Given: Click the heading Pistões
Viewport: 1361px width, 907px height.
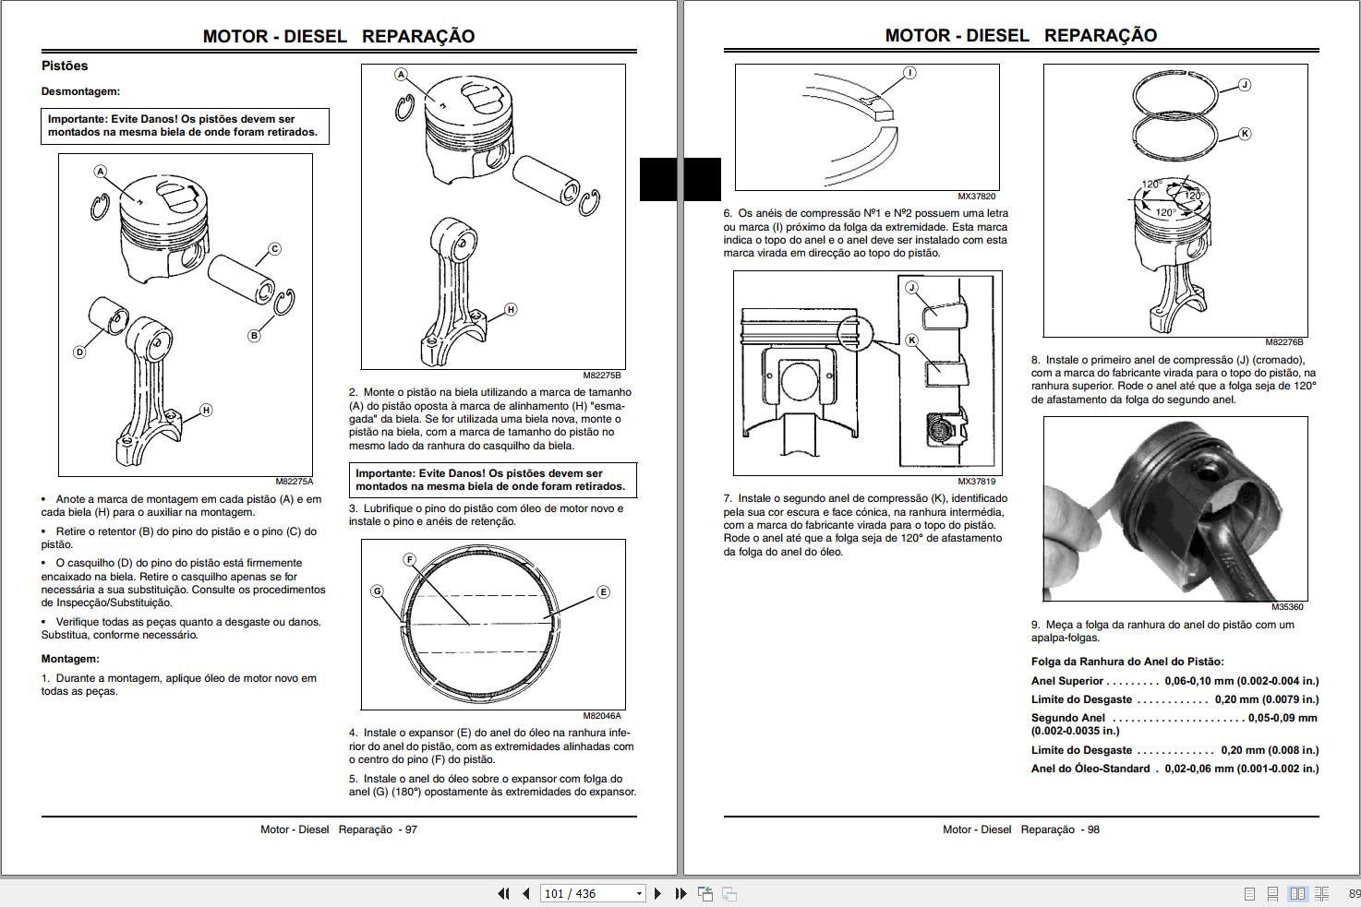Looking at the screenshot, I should click(65, 66).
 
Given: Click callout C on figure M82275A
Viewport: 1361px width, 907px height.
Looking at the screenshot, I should click(274, 249).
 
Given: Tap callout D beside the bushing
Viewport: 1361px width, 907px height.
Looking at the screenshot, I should click(79, 352).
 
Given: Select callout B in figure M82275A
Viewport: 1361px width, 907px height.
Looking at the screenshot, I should click(254, 335).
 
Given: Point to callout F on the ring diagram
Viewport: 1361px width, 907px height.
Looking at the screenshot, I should click(410, 560).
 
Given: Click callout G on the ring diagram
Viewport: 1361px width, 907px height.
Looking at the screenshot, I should click(377, 591).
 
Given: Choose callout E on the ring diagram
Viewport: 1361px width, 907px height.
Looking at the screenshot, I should click(603, 592).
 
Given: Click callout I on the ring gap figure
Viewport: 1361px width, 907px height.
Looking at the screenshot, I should click(909, 73).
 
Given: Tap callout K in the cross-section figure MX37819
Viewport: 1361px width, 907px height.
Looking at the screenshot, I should click(912, 340).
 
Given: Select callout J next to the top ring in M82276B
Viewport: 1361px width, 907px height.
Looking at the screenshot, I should click(1244, 85).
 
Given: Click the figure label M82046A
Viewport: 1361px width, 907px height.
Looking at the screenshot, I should click(602, 716).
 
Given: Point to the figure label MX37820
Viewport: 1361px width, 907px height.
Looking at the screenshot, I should click(976, 197).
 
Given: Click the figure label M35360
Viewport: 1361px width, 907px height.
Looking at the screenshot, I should click(1286, 607).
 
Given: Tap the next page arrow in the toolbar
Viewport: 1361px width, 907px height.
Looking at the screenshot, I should click(657, 894).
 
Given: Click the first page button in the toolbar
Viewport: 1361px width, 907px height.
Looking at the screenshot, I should click(503, 894).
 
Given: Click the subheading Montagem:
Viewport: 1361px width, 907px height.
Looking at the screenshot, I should click(70, 659).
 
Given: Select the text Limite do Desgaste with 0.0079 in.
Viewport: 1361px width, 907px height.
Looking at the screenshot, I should click(1081, 699).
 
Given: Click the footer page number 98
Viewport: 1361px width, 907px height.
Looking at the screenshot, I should click(1093, 829).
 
